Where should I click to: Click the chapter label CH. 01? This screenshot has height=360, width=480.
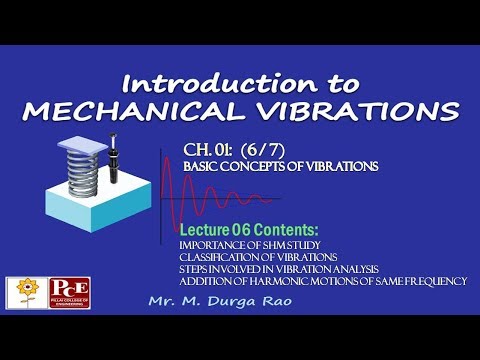pos(207,150)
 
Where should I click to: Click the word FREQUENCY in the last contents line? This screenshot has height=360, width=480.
pos(431,283)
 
